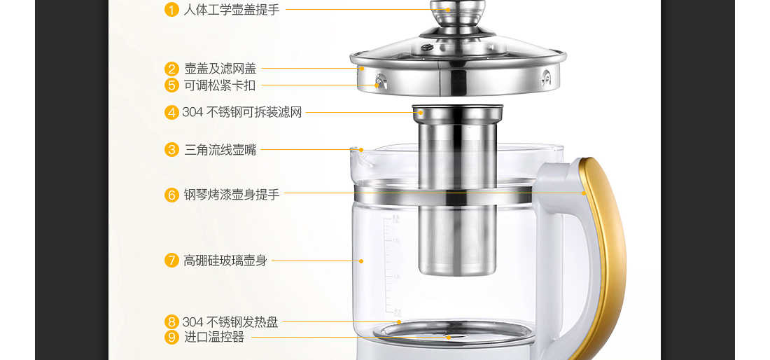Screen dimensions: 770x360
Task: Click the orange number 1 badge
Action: pos(171,9)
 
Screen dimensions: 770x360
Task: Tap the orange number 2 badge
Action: pos(171,69)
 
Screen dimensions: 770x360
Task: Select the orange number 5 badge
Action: pos(171,85)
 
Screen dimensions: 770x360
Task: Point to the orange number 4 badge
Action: pos(171,113)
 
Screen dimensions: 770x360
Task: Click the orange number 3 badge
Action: pos(171,150)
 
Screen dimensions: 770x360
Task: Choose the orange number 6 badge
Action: pos(171,195)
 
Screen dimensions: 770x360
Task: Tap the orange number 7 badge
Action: pos(171,261)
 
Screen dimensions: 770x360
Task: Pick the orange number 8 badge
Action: pos(171,322)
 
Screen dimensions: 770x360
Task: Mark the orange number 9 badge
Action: pos(171,338)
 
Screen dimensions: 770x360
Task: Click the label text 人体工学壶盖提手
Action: pos(232,9)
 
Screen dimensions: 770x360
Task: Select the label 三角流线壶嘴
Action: pos(220,150)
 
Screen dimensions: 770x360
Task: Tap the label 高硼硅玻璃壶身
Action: pos(225,261)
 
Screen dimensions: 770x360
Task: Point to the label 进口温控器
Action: pos(214,338)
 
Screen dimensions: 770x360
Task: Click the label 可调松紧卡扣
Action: pos(220,85)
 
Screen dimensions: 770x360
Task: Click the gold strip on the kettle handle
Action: pos(603,256)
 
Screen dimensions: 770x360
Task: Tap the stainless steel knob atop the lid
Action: pos(458,15)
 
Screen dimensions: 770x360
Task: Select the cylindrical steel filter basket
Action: pos(458,190)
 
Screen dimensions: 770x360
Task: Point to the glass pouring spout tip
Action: pos(355,150)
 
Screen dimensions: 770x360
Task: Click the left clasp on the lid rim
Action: pos(381,81)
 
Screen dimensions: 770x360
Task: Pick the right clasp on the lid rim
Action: pos(545,78)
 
